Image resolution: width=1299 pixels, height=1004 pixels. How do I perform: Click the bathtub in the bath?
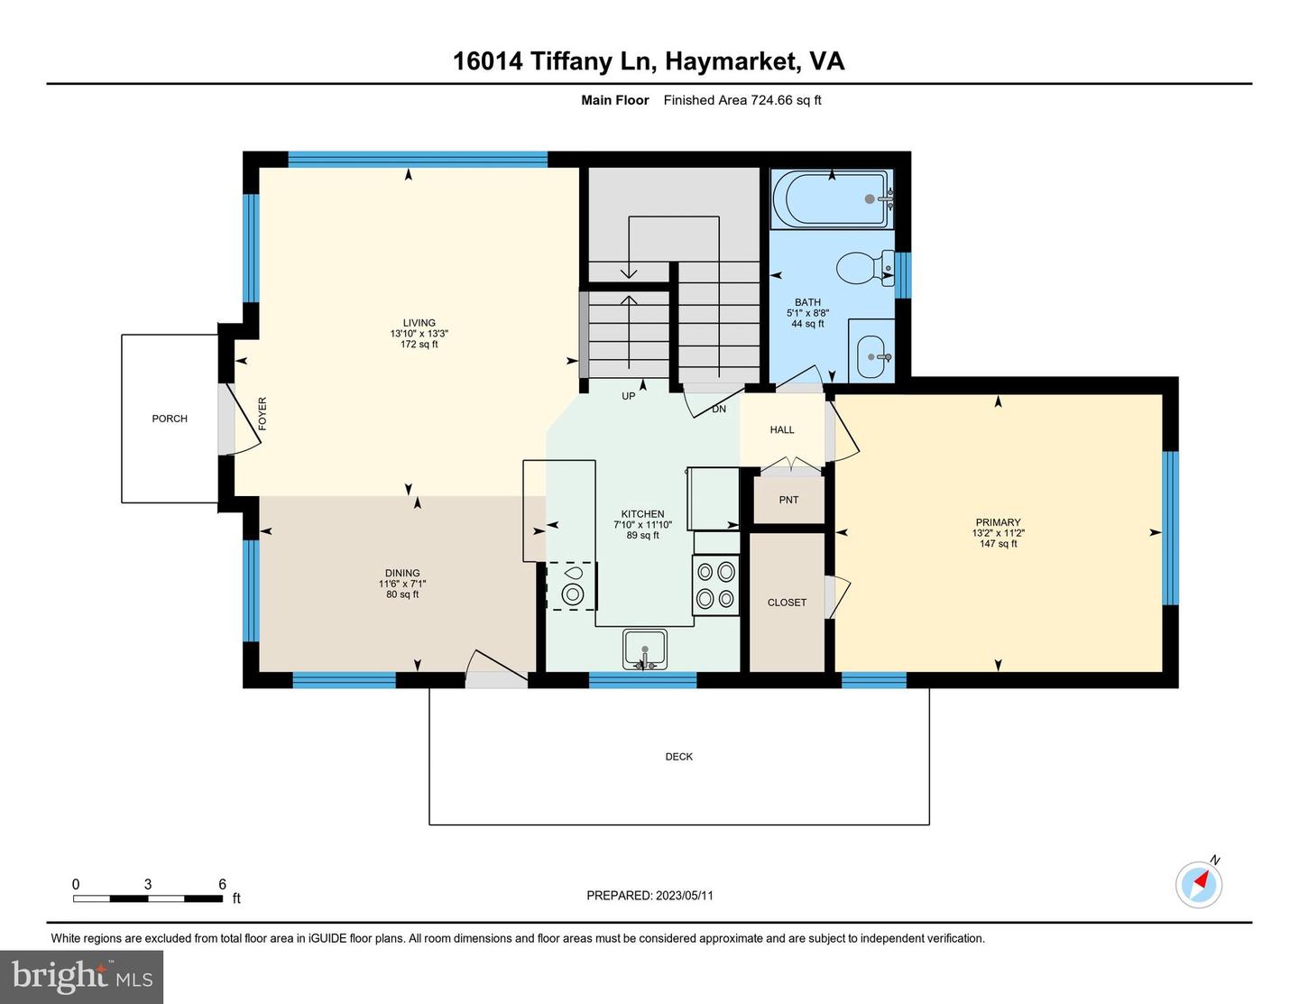(832, 199)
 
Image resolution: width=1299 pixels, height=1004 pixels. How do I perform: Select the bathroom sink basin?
(871, 357)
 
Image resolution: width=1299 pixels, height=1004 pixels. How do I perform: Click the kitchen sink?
(644, 649)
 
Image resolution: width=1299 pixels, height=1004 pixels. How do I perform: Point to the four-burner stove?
(715, 585)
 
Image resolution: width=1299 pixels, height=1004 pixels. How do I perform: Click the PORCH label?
(170, 419)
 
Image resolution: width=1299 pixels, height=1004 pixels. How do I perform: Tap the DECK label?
(678, 757)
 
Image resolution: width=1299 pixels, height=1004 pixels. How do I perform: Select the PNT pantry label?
(788, 500)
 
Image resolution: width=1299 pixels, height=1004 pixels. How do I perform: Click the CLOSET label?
(787, 603)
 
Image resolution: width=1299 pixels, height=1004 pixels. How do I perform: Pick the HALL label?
(782, 429)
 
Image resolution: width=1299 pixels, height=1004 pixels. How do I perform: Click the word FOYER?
(263, 413)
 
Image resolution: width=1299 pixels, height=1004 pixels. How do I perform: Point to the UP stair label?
(628, 396)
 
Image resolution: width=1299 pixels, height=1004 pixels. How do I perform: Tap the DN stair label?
(719, 409)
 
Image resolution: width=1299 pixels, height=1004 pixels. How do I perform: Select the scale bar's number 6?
(223, 884)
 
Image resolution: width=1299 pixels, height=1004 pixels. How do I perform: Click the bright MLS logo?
(81, 977)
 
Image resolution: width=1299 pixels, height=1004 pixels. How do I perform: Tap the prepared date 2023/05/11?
(685, 895)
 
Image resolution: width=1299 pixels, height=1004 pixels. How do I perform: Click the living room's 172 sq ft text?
(419, 345)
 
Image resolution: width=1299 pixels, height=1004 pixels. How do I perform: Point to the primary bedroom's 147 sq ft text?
(998, 543)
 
